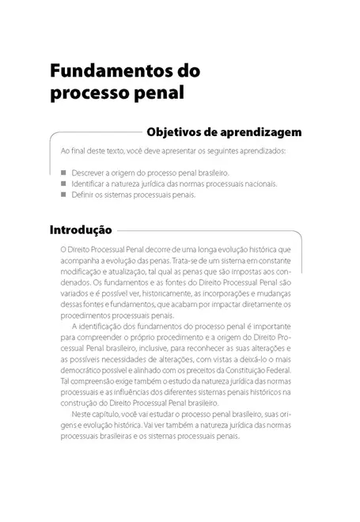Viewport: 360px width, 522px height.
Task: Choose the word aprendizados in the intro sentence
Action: [x=259, y=151]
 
